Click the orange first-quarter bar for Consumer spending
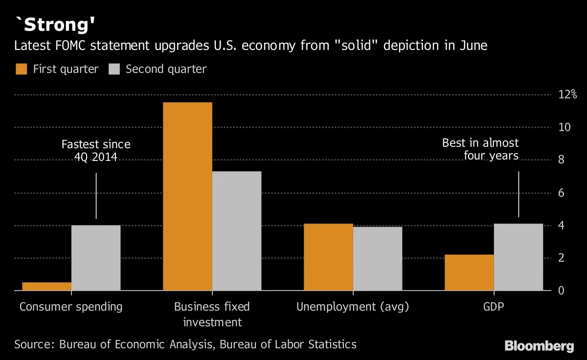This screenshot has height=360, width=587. pos(46,286)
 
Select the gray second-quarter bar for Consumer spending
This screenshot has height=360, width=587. pos(96,258)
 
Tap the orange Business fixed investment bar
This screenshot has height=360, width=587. pos(187,196)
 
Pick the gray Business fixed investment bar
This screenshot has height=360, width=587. pos(237,231)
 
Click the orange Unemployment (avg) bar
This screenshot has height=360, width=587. pos(328,257)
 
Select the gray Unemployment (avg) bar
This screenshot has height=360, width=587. pos(378,258)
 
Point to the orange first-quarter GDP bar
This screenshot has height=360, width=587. pos(469,272)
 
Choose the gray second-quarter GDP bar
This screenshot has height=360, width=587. pos(519,257)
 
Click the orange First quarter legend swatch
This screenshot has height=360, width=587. pos(21,69)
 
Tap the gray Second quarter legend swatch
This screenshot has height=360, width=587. pos(114,69)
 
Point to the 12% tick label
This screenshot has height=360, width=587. pos(567,94)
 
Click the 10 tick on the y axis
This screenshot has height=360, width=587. pos(564,127)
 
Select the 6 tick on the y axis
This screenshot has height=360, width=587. pos(562,193)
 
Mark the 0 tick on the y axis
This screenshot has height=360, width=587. pos(562,291)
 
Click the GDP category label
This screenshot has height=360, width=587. pos(494,307)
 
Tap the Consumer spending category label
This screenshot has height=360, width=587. pos(71,307)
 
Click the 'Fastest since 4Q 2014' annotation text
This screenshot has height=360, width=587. pos(96,151)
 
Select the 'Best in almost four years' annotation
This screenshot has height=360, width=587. pos(480,149)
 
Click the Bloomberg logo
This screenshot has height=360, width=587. pos(539,346)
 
